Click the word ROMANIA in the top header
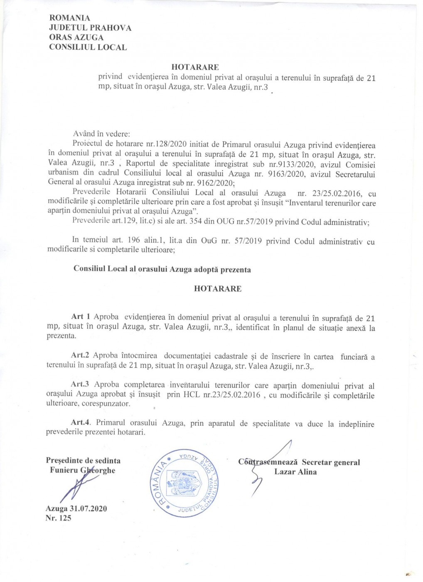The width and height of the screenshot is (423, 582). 69,18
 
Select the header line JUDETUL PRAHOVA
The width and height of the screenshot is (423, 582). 90,28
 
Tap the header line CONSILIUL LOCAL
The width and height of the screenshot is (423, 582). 88,47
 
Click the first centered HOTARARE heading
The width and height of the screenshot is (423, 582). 195,67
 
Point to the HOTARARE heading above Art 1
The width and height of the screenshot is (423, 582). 217,289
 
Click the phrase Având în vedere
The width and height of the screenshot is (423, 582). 101,134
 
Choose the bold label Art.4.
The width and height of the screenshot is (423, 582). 81,422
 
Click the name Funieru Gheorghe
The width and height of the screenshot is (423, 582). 82,471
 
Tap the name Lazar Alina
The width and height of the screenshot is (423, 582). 295,472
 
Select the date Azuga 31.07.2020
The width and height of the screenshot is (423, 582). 76,509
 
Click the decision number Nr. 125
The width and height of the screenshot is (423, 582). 58,518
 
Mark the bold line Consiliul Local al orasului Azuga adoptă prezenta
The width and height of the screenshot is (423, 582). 162,269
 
